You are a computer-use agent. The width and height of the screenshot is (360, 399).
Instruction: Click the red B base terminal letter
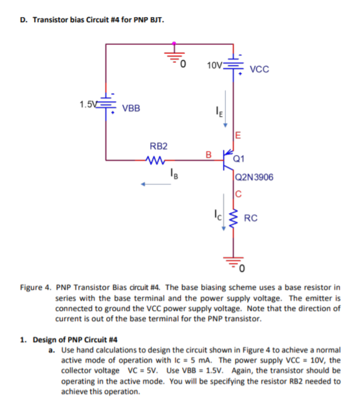207,154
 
